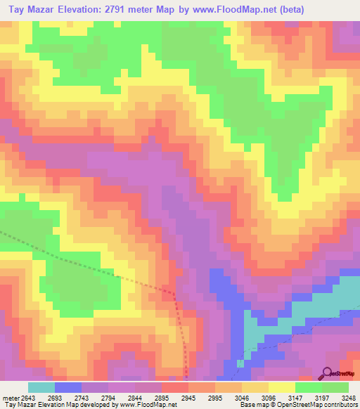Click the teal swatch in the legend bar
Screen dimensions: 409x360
41,387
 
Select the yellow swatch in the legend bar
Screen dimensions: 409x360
281,387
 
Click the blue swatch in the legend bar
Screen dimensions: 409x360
68,387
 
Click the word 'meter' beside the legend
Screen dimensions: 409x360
11,398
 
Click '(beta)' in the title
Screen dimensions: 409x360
301,10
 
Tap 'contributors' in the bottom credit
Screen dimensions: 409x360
341,405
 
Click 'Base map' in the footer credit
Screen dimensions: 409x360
252,405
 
